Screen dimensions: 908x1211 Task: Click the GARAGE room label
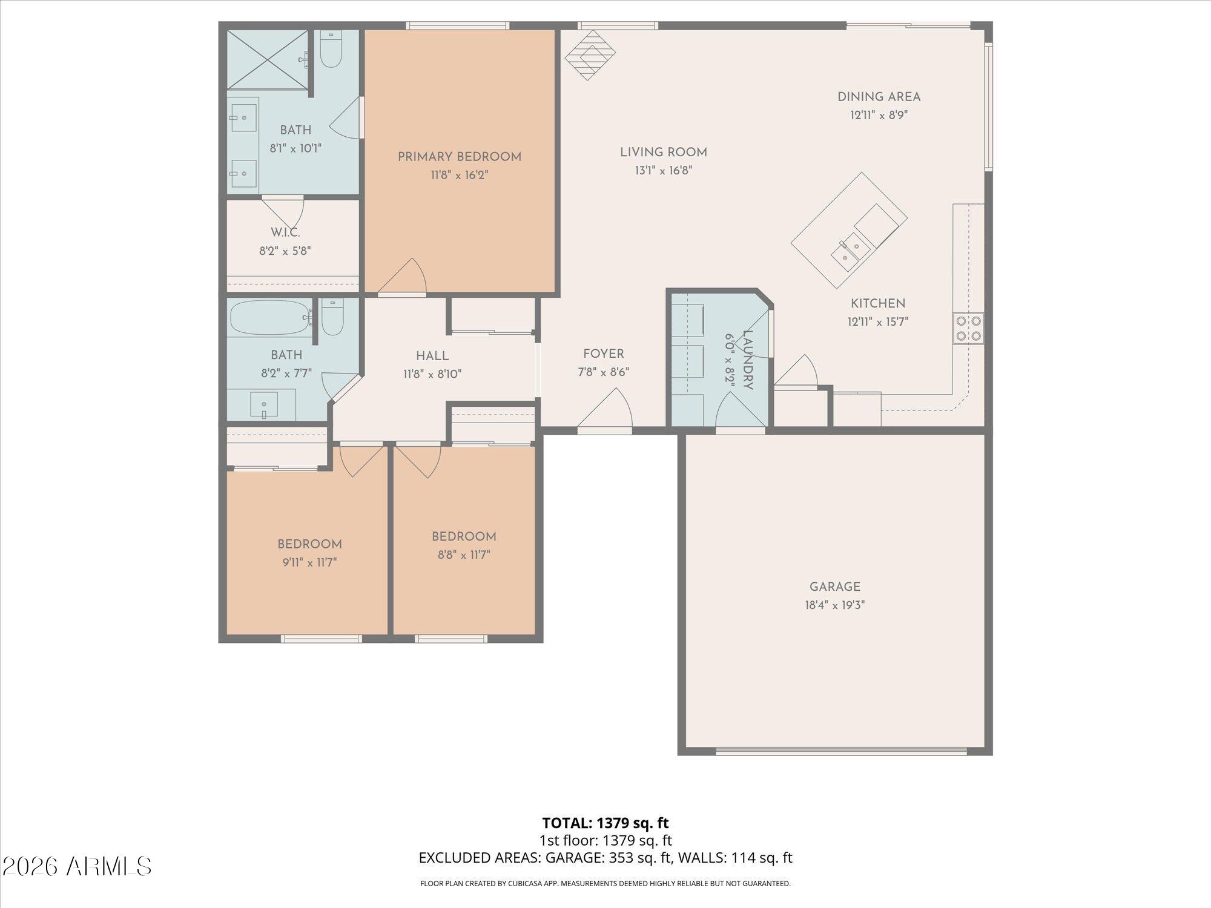click(x=834, y=587)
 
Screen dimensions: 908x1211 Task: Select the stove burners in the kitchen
click(x=968, y=328)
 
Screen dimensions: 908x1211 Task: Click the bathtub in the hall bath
click(x=269, y=318)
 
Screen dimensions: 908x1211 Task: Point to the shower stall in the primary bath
click(x=267, y=59)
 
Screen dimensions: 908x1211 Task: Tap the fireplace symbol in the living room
click(x=590, y=55)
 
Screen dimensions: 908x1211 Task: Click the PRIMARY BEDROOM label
click(x=459, y=157)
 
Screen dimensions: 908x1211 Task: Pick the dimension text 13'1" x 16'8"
click(x=663, y=171)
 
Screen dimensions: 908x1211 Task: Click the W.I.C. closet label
click(x=285, y=232)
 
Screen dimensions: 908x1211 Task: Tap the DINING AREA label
click(x=879, y=97)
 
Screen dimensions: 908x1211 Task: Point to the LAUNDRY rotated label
click(x=747, y=360)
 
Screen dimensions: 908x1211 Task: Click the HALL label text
click(x=432, y=356)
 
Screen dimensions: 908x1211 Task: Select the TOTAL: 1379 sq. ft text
click(x=605, y=823)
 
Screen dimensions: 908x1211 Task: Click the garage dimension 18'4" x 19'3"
click(x=834, y=605)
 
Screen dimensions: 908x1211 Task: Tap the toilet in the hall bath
click(x=332, y=318)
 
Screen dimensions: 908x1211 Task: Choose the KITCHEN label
click(x=877, y=304)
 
